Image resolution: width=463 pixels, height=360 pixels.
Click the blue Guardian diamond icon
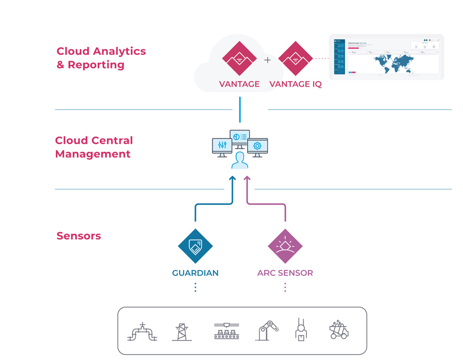point(195,246)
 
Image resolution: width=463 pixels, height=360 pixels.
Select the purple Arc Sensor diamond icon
point(285,246)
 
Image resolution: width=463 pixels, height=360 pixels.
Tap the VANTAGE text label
point(239,84)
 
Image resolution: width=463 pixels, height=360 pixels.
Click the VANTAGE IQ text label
point(295,84)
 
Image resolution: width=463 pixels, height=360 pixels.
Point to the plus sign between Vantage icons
point(267,60)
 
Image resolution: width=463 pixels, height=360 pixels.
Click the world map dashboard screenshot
point(386,57)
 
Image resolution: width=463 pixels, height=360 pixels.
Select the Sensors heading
point(79,236)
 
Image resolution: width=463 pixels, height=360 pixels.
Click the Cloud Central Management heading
point(94,147)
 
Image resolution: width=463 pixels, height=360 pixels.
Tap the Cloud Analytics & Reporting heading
point(101,58)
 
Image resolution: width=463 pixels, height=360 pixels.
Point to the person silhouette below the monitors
point(240,160)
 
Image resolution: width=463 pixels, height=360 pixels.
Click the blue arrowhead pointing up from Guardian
point(232,179)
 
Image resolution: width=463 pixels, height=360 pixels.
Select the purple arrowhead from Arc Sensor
point(247,179)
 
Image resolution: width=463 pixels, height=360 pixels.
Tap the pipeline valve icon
point(142,332)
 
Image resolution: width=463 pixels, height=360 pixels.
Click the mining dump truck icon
point(339,330)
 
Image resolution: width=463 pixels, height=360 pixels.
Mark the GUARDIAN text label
point(195,273)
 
